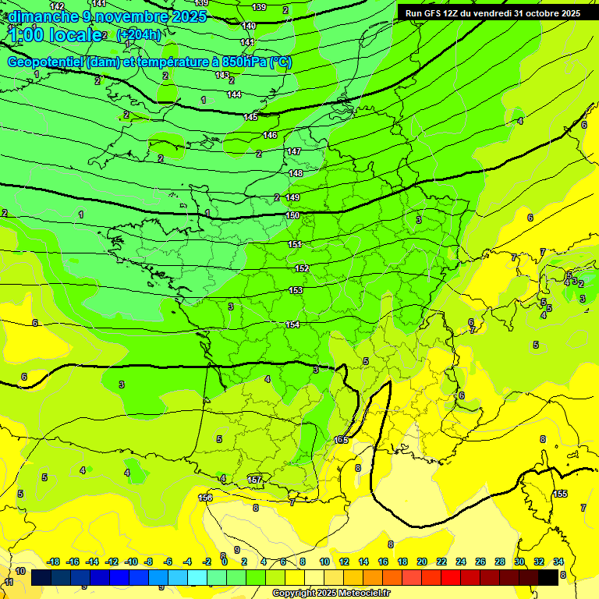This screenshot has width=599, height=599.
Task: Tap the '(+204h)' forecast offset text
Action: (138, 34)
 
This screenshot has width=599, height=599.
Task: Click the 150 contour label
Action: (293, 215)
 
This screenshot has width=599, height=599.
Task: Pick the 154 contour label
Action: (293, 324)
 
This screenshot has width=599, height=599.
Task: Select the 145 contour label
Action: (250, 117)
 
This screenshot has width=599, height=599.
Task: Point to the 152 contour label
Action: (302, 268)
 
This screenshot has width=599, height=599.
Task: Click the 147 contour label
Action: (293, 151)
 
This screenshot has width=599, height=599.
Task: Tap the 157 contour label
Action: (254, 479)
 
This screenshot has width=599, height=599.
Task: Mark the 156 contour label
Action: (205, 498)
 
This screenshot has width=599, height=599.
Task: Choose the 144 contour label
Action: (234, 94)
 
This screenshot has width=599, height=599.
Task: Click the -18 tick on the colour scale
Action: (54, 562)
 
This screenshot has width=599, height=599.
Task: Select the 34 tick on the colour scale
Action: (558, 562)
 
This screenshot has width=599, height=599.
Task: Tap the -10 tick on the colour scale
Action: (131, 562)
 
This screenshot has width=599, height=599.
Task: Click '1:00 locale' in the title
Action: (55, 34)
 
